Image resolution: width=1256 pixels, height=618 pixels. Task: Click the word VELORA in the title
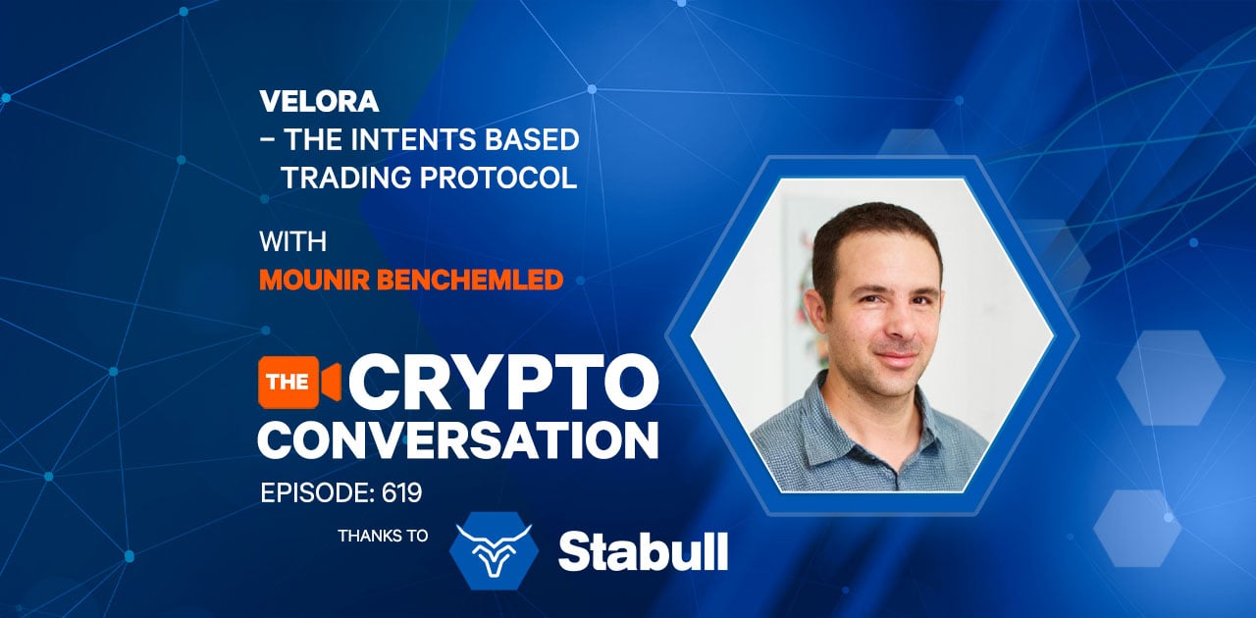[319, 101]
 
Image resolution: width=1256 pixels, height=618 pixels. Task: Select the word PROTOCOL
[498, 178]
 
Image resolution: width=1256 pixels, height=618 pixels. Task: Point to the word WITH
[292, 241]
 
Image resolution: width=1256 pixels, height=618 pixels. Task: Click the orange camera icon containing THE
[299, 382]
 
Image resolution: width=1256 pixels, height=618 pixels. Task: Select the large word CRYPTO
[503, 383]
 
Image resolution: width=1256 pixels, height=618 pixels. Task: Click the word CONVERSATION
[458, 440]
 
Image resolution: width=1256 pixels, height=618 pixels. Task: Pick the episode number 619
[401, 493]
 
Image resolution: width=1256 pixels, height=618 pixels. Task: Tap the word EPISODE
[317, 493]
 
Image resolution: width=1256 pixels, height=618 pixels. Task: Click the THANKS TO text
[383, 537]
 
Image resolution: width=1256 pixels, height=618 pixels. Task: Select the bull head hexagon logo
[494, 550]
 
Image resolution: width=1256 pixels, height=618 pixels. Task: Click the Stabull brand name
[643, 551]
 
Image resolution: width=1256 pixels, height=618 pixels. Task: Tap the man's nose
[899, 326]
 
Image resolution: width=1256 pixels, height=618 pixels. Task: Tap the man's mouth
[897, 357]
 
